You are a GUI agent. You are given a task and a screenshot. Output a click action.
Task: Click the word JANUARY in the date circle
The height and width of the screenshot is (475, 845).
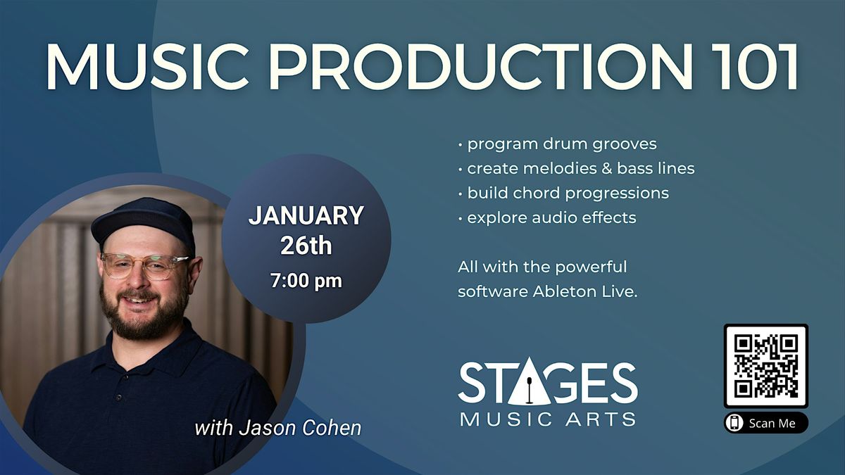click(x=306, y=215)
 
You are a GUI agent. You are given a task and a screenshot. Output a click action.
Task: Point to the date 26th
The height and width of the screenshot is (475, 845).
click(x=306, y=246)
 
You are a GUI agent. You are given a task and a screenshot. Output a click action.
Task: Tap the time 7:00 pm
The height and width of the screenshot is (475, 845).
click(x=306, y=281)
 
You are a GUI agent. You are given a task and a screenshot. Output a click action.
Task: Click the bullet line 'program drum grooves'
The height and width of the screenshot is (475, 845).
click(x=561, y=144)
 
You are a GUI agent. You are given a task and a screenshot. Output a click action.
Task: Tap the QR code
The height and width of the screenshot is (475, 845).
click(x=765, y=366)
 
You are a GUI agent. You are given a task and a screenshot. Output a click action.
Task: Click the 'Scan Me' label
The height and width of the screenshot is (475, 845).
click(x=772, y=423)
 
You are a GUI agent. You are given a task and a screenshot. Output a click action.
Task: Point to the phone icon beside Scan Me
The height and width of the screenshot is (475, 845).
click(x=735, y=423)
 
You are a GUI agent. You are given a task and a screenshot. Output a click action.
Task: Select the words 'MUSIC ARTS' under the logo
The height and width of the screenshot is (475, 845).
click(x=548, y=419)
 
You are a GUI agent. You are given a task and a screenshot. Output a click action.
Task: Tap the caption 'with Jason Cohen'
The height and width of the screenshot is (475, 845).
click(x=277, y=427)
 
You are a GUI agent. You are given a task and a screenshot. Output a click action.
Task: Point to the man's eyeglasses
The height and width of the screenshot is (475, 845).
click(x=144, y=265)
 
